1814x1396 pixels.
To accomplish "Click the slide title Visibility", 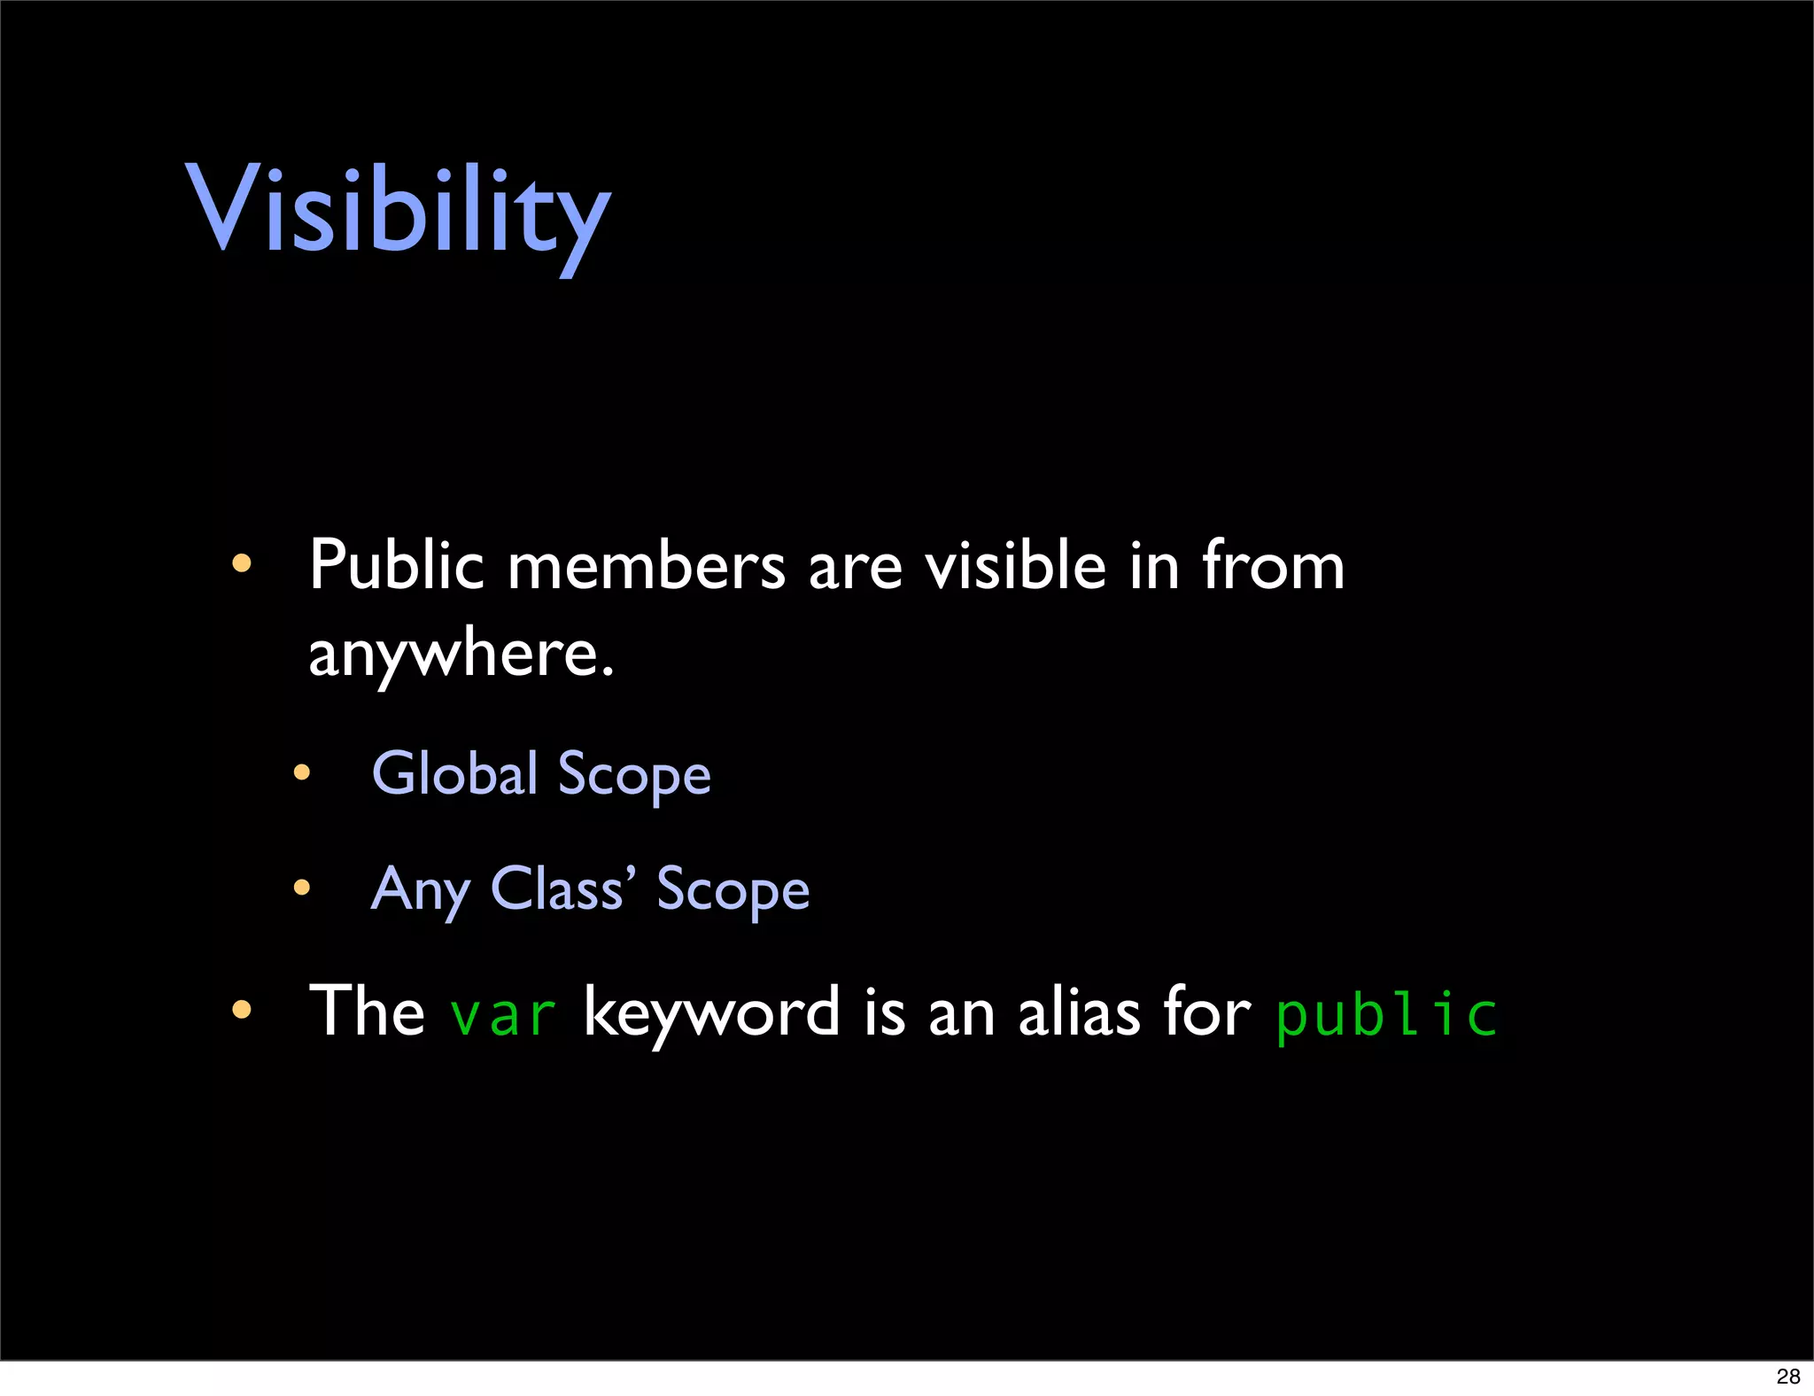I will click(x=398, y=213).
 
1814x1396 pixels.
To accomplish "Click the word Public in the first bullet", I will click(x=396, y=565).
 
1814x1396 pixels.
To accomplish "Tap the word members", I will click(x=646, y=565).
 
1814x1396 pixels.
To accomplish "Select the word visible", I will click(x=1016, y=565).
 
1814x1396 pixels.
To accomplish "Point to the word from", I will click(x=1273, y=565).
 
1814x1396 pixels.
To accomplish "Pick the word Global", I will click(x=454, y=772).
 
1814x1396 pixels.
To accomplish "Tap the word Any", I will click(x=421, y=889).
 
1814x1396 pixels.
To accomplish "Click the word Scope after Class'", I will click(x=733, y=890).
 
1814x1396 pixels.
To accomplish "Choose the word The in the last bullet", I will click(x=367, y=1011).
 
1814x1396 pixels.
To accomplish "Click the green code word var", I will click(x=503, y=1014).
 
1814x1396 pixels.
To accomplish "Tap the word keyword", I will click(x=711, y=1012).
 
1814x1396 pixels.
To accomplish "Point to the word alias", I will click(x=1079, y=1012).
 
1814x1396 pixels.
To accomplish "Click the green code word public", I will click(x=1386, y=1014).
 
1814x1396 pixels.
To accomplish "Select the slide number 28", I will click(x=1787, y=1376).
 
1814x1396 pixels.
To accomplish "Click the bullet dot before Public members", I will click(x=241, y=563).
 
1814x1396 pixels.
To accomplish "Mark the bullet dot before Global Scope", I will click(x=302, y=772).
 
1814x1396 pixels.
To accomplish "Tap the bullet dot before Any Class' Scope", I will click(x=302, y=887).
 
